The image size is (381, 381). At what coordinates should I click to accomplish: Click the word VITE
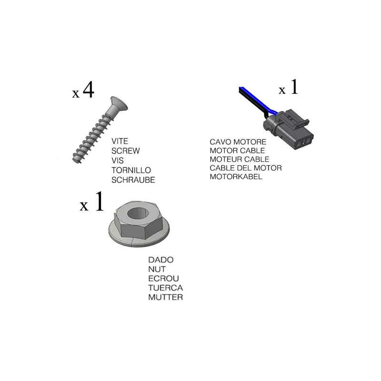click(120, 141)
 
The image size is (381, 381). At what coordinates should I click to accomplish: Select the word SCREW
click(126, 151)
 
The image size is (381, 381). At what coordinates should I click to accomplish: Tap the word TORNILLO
click(131, 170)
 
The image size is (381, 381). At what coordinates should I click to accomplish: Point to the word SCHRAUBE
click(133, 180)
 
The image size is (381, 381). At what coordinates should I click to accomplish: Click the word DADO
click(161, 260)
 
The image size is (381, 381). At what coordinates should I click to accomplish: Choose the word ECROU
click(163, 279)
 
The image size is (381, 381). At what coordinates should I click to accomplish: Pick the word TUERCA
click(165, 288)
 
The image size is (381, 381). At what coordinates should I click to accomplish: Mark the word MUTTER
click(165, 297)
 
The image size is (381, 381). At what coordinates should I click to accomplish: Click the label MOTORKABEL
click(236, 177)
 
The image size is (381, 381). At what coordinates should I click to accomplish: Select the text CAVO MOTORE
click(238, 142)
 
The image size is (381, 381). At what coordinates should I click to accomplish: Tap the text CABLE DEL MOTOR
click(246, 168)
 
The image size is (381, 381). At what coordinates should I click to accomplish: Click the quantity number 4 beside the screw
click(88, 90)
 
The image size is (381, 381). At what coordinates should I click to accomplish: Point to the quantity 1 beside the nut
click(100, 201)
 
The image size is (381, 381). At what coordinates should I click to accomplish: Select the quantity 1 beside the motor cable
click(294, 87)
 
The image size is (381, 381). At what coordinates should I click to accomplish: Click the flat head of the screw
click(119, 103)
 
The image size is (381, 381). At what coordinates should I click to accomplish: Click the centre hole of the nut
click(138, 213)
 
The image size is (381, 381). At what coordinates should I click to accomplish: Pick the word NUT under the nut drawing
click(157, 269)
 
